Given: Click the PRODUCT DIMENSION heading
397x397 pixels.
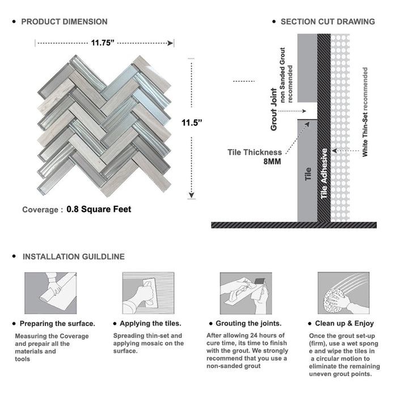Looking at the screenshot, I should tap(64, 22).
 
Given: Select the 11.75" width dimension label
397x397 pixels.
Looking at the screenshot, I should tap(104, 43).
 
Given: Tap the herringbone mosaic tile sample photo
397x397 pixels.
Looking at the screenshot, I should tap(104, 124).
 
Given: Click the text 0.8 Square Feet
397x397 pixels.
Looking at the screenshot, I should tap(99, 209).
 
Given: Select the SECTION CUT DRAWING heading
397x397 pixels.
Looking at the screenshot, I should tap(327, 22).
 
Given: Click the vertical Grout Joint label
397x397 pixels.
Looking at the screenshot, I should tap(274, 109).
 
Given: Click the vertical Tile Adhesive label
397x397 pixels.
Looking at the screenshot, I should tap(324, 174).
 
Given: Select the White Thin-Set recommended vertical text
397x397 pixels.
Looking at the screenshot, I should tap(365, 112).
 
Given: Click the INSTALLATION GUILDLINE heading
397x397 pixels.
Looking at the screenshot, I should tap(73, 256).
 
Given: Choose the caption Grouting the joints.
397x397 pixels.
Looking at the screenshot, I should tap(250, 324).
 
